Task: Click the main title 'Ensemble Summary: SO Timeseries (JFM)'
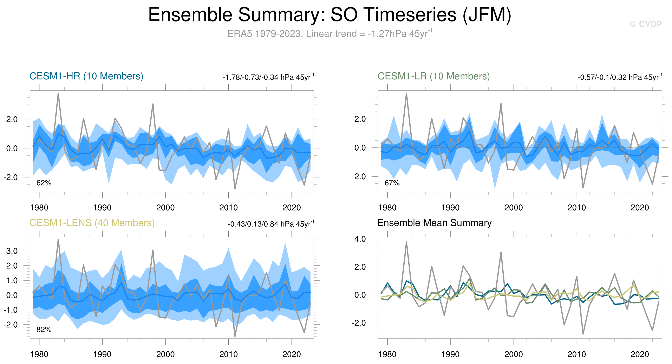330,15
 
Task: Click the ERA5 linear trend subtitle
330,34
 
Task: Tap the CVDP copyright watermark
645,24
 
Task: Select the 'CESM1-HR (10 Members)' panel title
86,76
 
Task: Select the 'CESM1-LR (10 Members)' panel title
433,76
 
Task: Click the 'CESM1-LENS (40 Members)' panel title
92,223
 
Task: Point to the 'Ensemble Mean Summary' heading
434,223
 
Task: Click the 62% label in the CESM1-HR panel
44,183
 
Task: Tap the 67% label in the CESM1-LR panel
392,183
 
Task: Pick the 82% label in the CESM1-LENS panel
44,330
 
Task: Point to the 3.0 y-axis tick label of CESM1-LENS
12,251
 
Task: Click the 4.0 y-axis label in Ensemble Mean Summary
360,239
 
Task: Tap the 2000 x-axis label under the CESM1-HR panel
165,208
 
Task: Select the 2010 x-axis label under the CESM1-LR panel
576,208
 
